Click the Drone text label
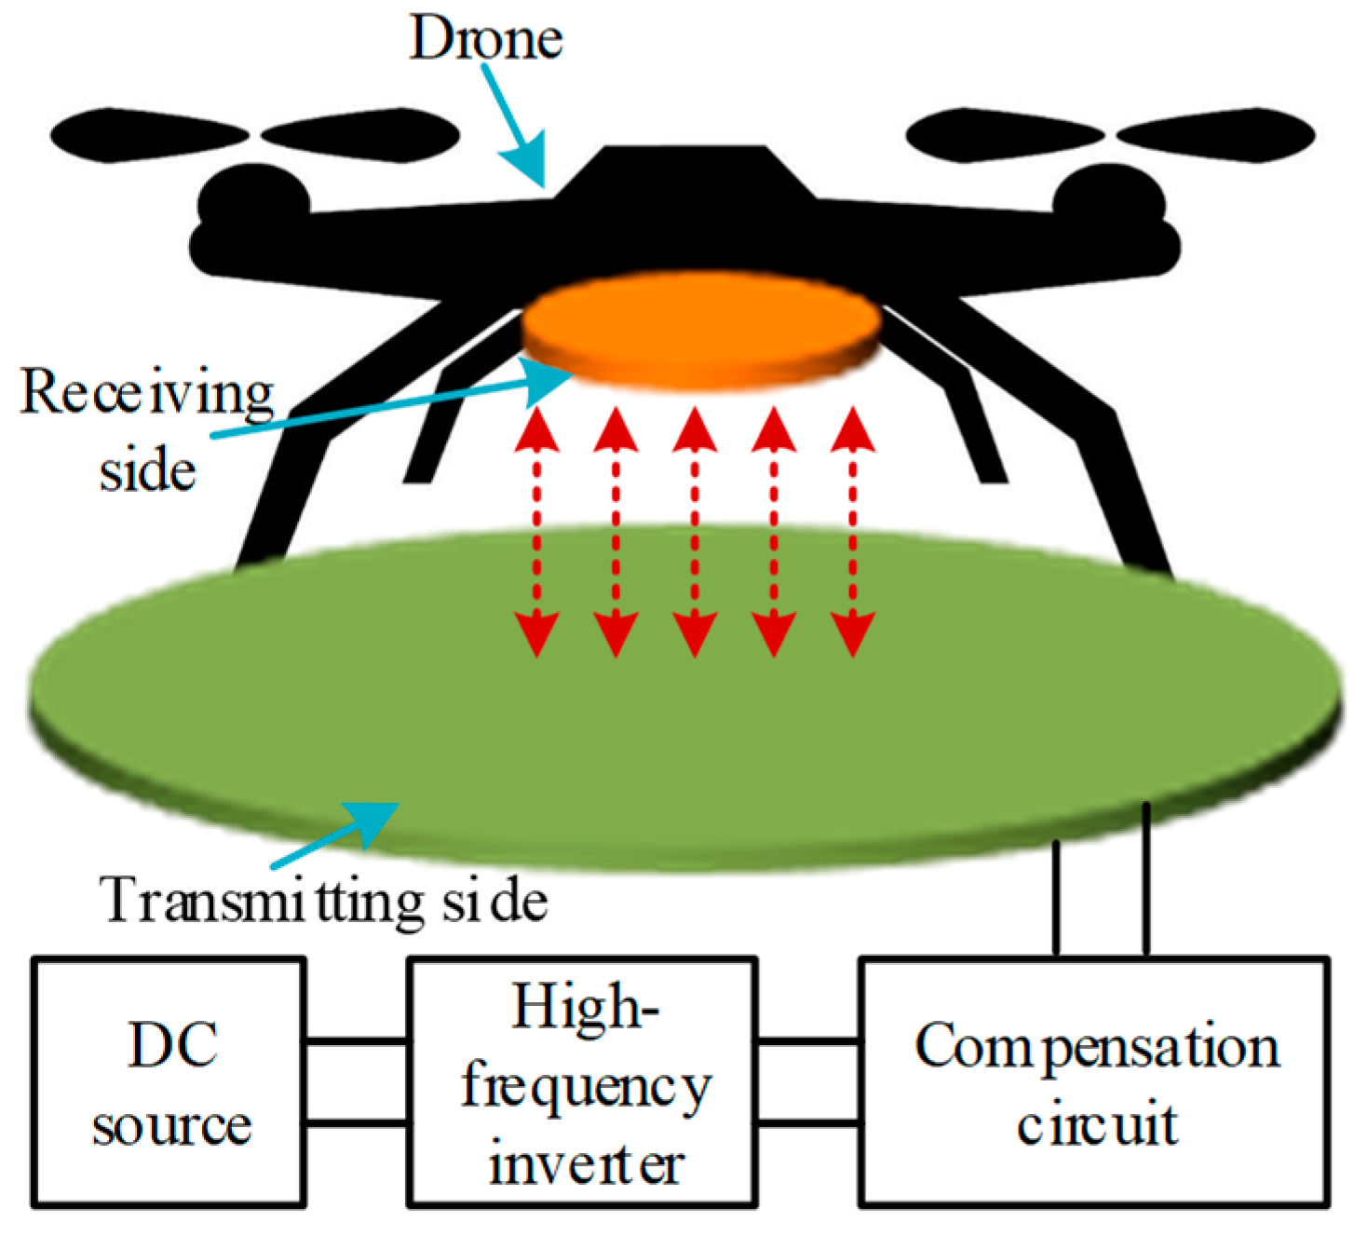click(x=486, y=39)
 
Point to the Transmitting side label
click(x=324, y=902)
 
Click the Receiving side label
click(x=147, y=428)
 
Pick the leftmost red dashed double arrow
click(x=537, y=533)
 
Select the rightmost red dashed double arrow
click(x=852, y=533)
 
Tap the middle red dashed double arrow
click(x=695, y=533)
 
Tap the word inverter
click(x=587, y=1164)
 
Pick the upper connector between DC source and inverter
click(x=357, y=1041)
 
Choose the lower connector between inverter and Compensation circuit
click(x=806, y=1122)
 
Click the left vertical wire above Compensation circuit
click(x=1056, y=898)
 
